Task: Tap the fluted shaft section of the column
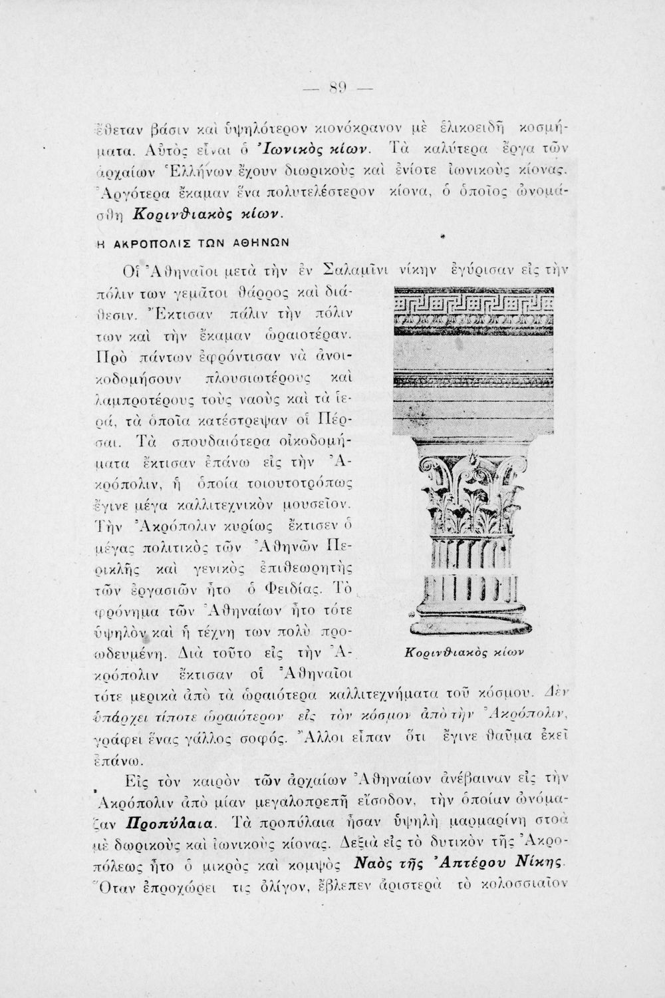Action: point(474,566)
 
